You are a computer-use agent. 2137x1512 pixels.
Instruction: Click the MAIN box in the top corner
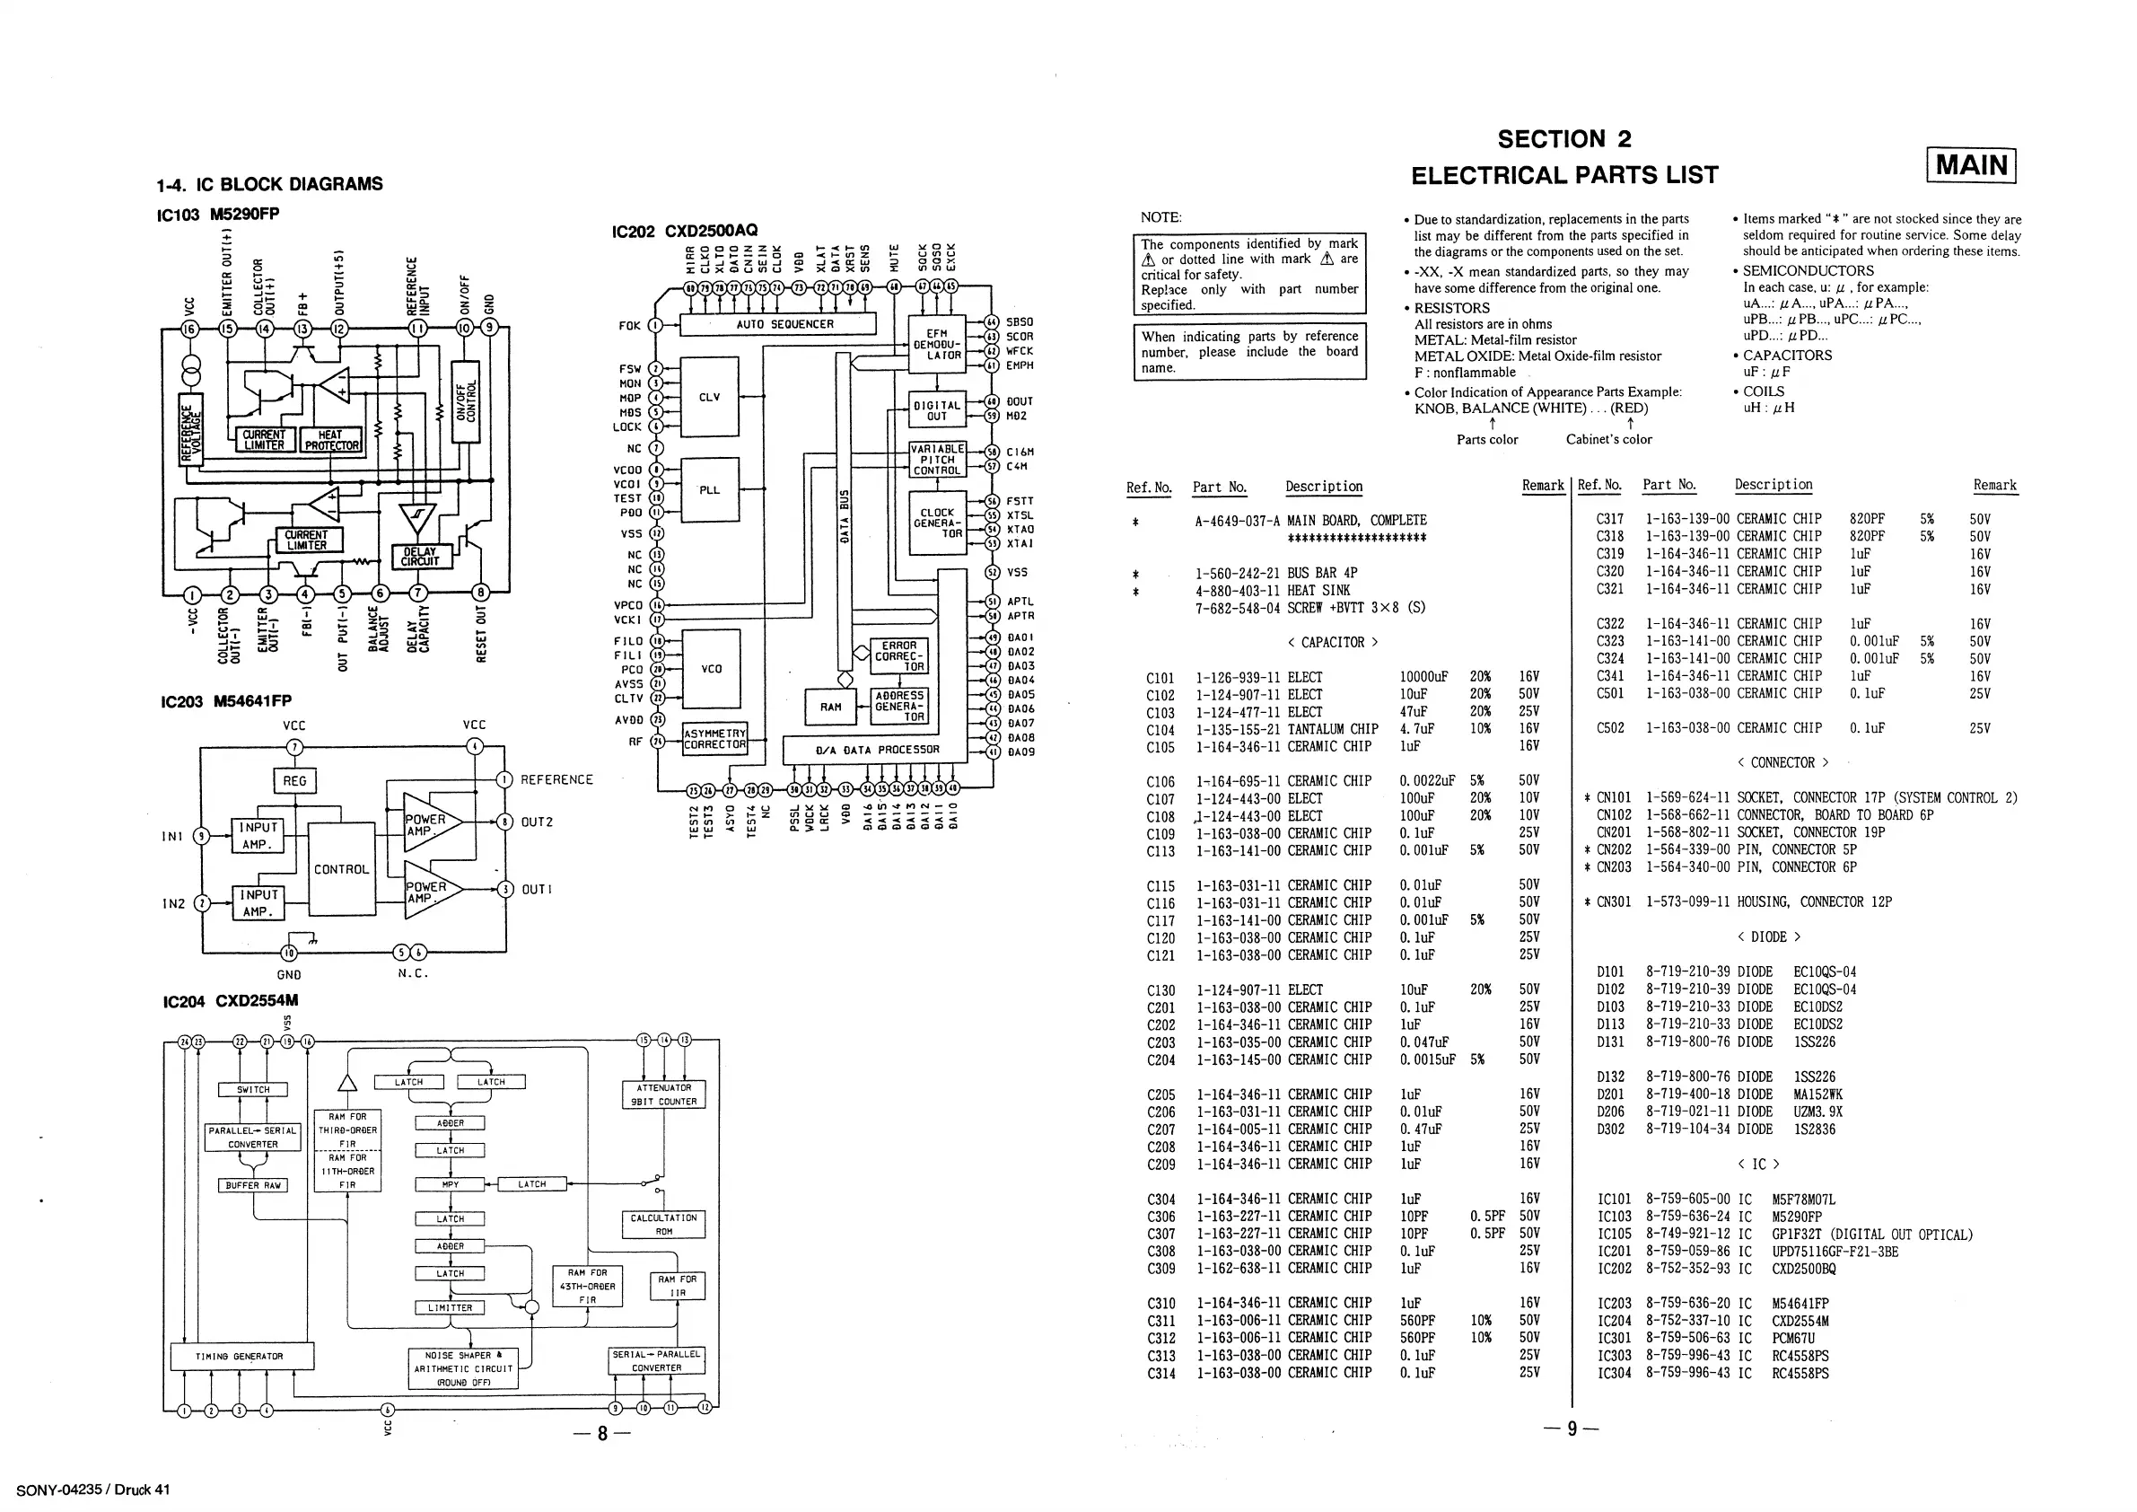(x=1971, y=166)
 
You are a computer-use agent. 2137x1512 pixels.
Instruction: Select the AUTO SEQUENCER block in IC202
(x=778, y=324)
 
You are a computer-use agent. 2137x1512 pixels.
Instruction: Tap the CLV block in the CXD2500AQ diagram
(x=709, y=397)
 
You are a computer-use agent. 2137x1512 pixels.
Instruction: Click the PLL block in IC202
(x=709, y=489)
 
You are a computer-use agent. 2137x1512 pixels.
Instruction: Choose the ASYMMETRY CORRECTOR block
(x=714, y=739)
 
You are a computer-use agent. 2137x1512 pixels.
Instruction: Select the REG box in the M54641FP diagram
(x=294, y=781)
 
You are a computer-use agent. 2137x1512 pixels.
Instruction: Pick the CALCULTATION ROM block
(x=662, y=1225)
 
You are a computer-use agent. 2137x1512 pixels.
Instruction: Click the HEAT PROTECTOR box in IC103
(x=331, y=440)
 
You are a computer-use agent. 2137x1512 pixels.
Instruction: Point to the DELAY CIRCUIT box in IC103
(x=420, y=557)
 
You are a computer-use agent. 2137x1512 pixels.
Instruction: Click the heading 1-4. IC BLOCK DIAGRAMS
(x=270, y=184)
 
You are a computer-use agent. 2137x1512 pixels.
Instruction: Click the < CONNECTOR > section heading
(x=1782, y=763)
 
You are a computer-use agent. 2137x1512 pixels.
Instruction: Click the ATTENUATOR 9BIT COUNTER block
(x=662, y=1094)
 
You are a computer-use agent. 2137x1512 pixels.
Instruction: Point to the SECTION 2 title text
(x=1563, y=140)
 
